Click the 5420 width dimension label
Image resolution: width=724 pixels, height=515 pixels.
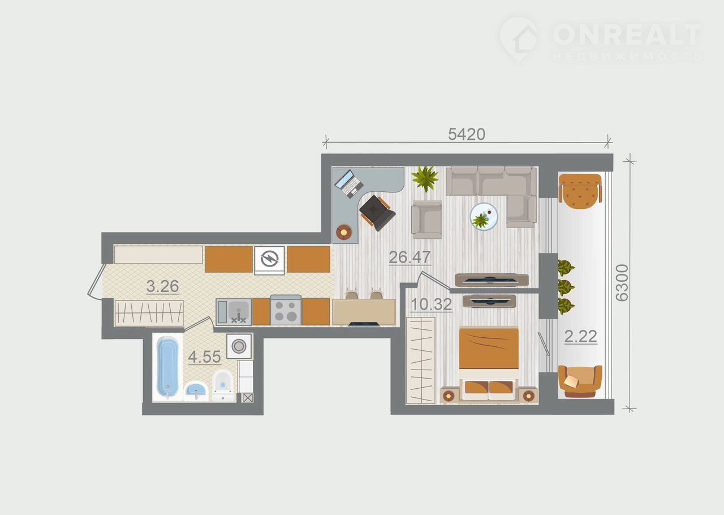coord(467,134)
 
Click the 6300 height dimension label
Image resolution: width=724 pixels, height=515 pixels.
coord(622,283)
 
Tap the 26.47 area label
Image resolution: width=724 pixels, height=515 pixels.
coord(410,257)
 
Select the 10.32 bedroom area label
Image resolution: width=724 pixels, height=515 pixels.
coord(431,304)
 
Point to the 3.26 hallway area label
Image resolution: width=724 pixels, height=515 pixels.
coord(162,286)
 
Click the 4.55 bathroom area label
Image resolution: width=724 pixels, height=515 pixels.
coord(204,357)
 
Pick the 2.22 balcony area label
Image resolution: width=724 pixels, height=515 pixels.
coord(580,336)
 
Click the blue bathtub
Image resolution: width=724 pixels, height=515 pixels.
coord(167,367)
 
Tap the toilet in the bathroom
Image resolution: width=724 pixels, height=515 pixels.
coord(223,385)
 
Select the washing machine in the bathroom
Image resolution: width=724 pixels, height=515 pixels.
coord(239,346)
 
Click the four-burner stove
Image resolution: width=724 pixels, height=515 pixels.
coord(286,311)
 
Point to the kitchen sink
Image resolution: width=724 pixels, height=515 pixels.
coord(234,312)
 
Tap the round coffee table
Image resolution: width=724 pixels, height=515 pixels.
coord(484,217)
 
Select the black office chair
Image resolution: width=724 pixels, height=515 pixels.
coord(377,213)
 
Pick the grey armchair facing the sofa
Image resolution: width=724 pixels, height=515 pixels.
coord(426,220)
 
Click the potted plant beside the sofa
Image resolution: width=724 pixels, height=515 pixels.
coord(425,178)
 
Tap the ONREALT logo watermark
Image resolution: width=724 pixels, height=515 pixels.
coord(601,40)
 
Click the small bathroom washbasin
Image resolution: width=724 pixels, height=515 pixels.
coord(196,391)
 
